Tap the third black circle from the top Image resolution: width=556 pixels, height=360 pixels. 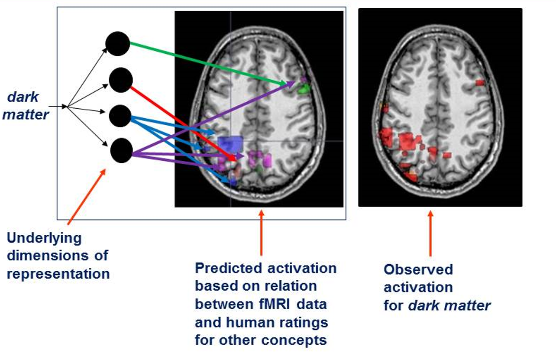120,116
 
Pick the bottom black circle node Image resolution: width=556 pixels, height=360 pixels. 121,150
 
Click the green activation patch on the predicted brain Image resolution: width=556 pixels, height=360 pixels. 304,89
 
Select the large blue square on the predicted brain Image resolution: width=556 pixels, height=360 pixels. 230,143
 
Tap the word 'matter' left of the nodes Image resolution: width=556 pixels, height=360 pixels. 26,114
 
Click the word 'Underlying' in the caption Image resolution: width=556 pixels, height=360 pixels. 44,238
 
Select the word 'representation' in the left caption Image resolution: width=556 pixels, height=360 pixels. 58,274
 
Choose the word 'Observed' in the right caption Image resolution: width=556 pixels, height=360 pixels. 418,269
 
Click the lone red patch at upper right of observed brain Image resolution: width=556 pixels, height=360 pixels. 480,82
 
